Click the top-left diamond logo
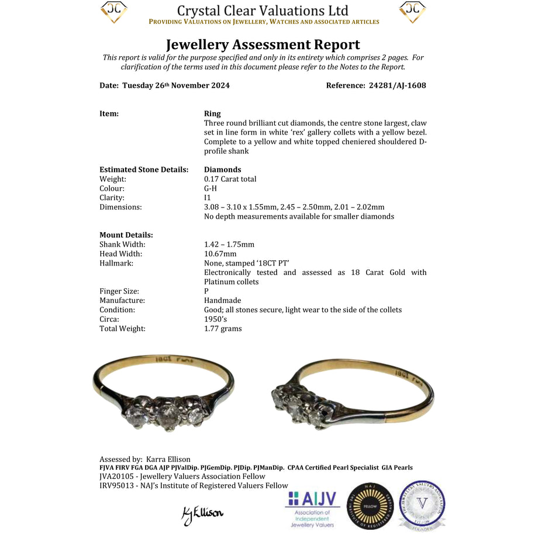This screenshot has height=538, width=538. point(114,12)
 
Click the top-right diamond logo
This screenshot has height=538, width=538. point(412,12)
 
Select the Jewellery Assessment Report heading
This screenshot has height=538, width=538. point(263,44)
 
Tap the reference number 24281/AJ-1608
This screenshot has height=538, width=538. point(397,85)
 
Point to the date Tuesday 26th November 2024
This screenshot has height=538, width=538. point(175,85)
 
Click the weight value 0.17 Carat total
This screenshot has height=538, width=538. point(230,179)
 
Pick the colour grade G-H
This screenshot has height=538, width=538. point(211,188)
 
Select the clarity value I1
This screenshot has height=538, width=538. point(208,198)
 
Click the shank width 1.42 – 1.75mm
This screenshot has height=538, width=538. point(229,244)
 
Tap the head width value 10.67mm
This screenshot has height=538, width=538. point(220,254)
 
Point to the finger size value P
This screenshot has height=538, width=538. point(206,291)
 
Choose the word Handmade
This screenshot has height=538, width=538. point(222,301)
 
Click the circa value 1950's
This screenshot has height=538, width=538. point(215,319)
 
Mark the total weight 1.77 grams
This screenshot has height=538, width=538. point(223,329)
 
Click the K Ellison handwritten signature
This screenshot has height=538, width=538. point(202,513)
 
